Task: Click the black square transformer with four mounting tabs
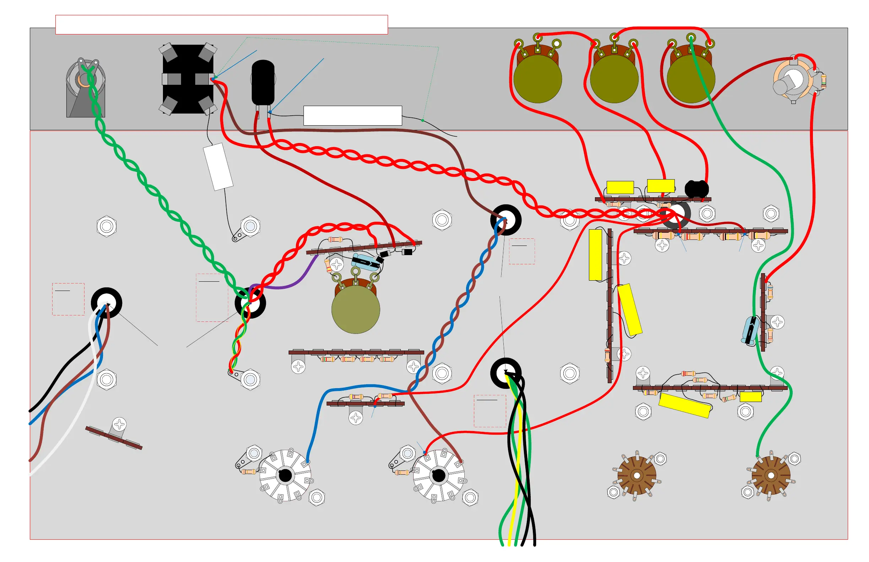(x=188, y=79)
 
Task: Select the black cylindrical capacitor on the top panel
(x=263, y=82)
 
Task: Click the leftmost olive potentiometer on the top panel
(x=537, y=78)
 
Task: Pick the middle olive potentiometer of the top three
(x=614, y=78)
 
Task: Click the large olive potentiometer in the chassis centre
(x=356, y=309)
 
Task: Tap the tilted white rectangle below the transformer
(x=218, y=166)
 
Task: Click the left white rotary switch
(x=285, y=475)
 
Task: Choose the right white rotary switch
(x=438, y=475)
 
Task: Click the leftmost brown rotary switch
(x=636, y=475)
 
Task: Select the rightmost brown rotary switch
(x=771, y=475)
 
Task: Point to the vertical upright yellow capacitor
(x=595, y=255)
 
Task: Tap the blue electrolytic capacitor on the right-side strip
(x=750, y=330)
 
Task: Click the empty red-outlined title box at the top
(x=221, y=24)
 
